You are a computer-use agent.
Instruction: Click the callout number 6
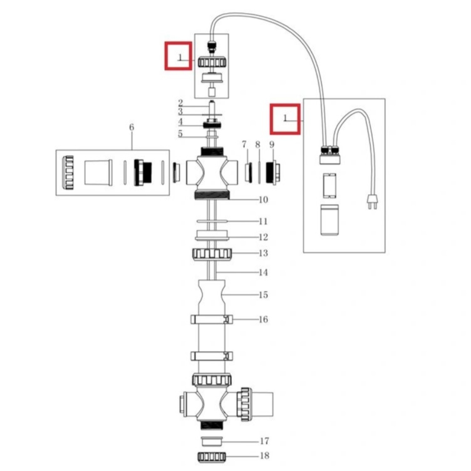[132, 127]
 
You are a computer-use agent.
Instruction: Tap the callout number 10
[263, 200]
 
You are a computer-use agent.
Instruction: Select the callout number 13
[263, 253]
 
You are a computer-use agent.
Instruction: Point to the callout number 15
[263, 295]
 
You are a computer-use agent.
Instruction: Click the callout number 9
[272, 144]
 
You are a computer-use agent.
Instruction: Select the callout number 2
[180, 103]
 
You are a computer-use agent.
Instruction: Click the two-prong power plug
[372, 201]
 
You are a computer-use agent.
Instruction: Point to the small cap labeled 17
[212, 441]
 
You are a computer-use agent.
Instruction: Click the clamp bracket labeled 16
[212, 319]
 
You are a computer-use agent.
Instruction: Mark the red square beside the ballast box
[285, 119]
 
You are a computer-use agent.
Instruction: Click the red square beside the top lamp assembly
[178, 56]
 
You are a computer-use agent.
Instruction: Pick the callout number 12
[263, 237]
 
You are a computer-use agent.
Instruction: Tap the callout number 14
[263, 273]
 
